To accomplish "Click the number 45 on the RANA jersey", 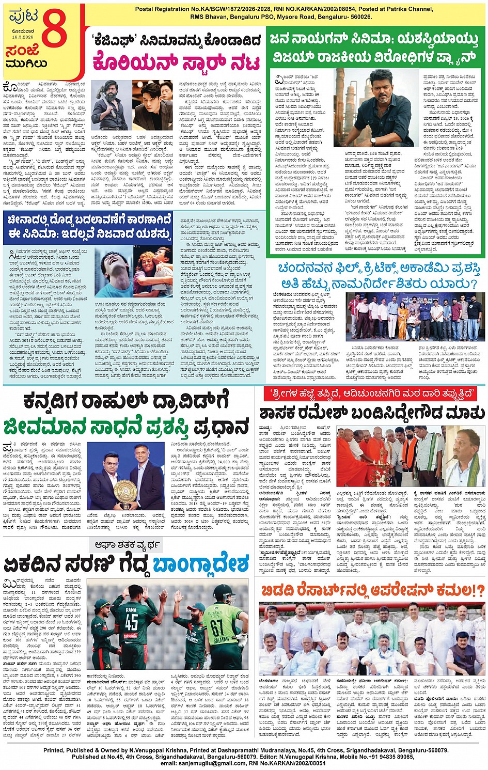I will coord(132,622).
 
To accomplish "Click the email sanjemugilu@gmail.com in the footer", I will coord(202,763).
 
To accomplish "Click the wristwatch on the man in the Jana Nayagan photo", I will coord(372,139).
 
